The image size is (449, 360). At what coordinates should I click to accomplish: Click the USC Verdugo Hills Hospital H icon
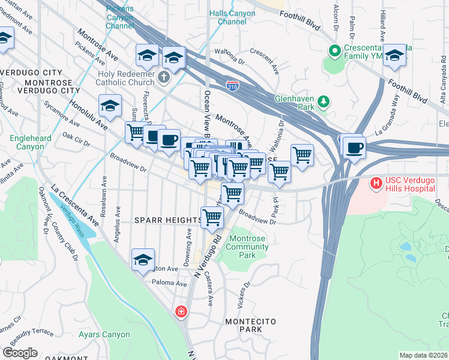point(376,182)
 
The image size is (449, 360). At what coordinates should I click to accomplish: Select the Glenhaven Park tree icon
point(324,101)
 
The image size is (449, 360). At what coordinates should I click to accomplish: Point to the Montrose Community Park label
point(248,247)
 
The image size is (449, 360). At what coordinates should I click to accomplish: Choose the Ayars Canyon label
point(104,334)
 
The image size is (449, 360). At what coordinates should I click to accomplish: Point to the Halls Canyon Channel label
point(228,17)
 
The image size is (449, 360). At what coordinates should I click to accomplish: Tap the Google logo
point(20,353)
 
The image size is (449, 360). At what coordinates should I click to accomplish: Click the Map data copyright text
point(423,355)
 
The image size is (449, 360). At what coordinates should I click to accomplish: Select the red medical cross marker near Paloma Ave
point(181,312)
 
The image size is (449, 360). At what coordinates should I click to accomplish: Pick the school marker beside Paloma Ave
point(143,260)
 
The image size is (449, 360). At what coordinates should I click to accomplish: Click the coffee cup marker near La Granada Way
point(354,146)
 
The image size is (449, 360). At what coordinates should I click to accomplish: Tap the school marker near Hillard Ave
point(395,56)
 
